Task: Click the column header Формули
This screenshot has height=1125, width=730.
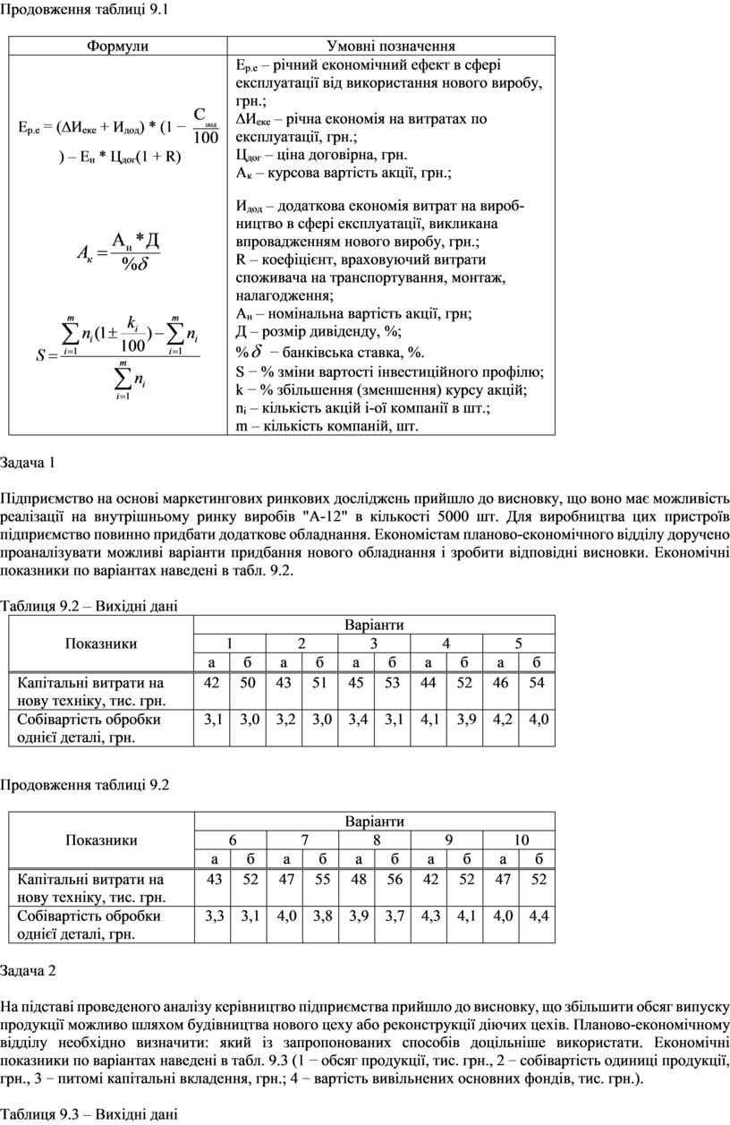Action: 117,47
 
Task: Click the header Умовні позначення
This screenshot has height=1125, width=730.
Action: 391,47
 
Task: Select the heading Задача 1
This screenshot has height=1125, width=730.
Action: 28,463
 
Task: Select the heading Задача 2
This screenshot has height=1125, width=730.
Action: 28,970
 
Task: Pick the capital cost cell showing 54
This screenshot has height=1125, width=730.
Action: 537,683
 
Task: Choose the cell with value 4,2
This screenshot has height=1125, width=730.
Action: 501,719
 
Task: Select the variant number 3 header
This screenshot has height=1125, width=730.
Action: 373,643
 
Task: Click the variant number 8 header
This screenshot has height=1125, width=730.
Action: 377,839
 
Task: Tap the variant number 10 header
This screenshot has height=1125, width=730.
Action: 521,839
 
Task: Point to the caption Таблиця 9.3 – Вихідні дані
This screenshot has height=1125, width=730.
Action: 89,1114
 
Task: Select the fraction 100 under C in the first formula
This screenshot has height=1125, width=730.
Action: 206,138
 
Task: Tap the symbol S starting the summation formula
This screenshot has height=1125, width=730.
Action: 40,355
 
